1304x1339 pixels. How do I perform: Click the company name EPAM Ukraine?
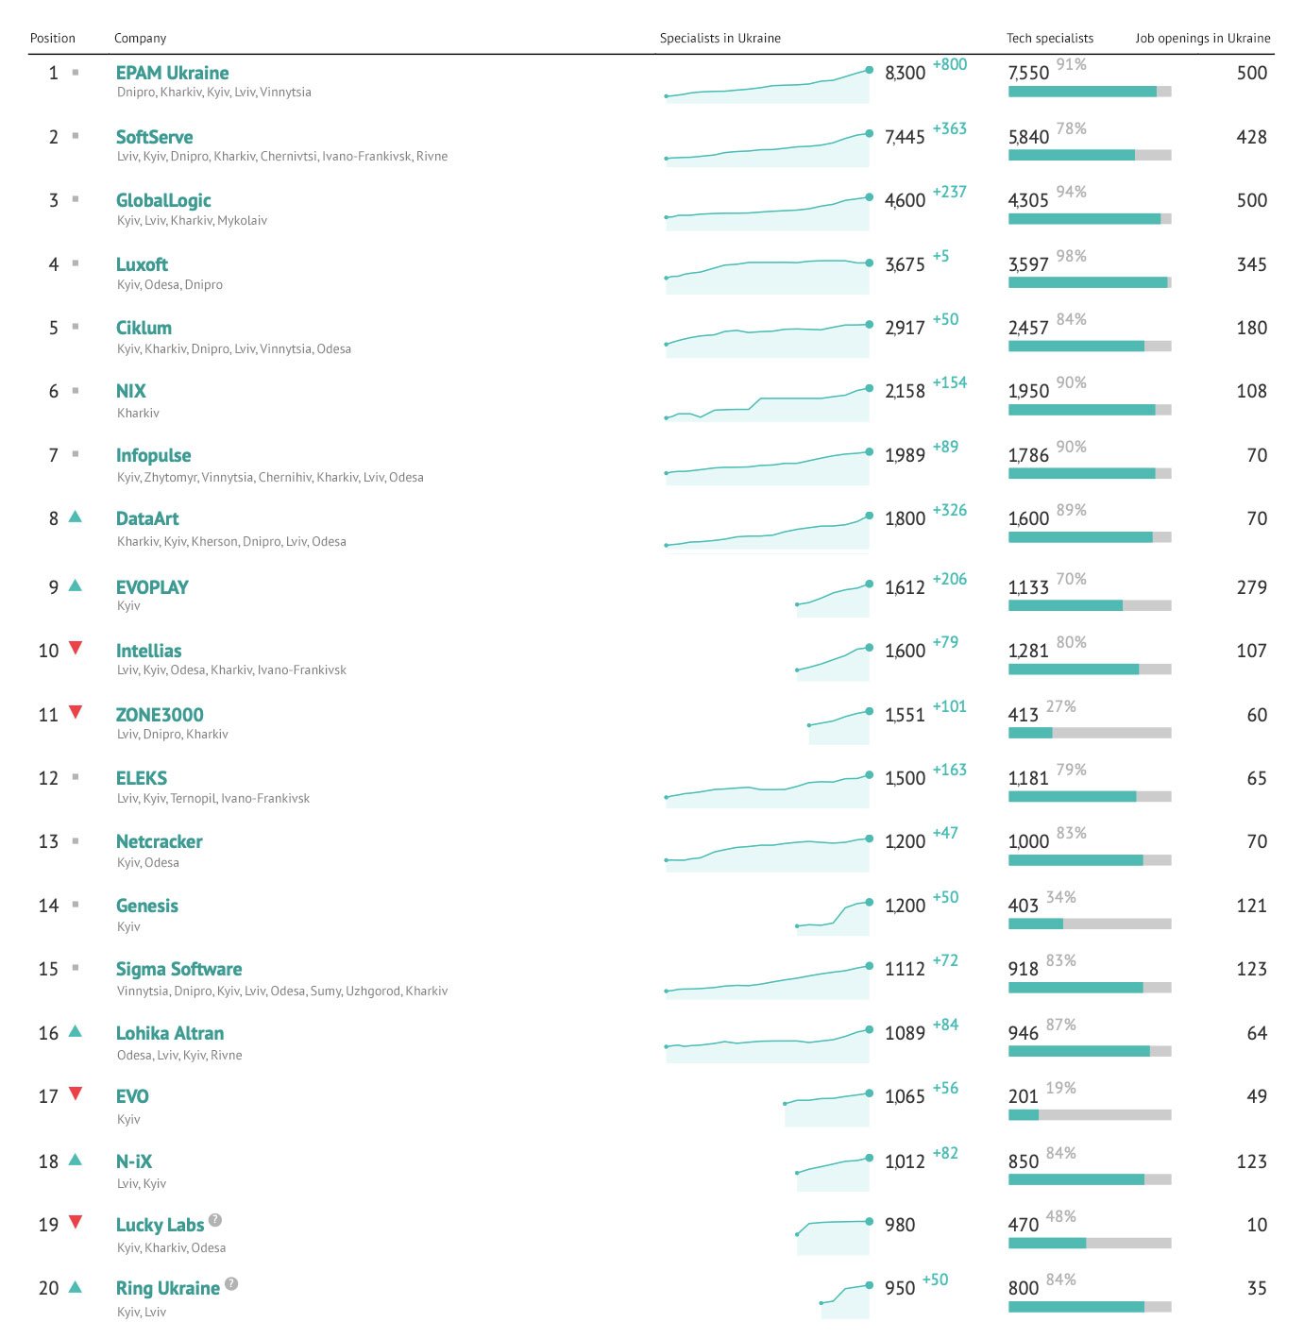[172, 73]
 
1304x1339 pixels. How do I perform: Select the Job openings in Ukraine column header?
[1202, 39]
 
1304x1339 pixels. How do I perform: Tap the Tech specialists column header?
[1049, 39]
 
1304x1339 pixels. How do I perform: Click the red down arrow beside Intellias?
[76, 648]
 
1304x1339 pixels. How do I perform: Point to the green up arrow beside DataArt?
[76, 517]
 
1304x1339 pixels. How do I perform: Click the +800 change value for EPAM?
[949, 64]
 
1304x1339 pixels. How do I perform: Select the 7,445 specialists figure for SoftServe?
[905, 138]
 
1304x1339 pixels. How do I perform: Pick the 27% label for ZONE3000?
[1060, 706]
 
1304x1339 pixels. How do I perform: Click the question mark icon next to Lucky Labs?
[215, 1220]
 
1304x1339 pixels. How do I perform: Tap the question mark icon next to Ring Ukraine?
[231, 1284]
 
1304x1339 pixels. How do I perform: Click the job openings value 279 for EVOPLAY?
[1251, 587]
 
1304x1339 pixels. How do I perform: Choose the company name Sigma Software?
[178, 969]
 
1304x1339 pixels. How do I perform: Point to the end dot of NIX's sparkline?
[869, 388]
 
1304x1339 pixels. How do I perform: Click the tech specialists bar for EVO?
[1089, 1115]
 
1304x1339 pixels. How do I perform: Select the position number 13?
[48, 841]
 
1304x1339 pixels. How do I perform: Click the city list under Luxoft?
[170, 285]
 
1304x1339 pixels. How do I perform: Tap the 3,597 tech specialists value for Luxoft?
[1028, 265]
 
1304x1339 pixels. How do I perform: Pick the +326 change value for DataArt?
[949, 510]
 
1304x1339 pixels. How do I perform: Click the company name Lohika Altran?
[170, 1033]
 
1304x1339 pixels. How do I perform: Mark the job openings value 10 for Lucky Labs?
[1256, 1225]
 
